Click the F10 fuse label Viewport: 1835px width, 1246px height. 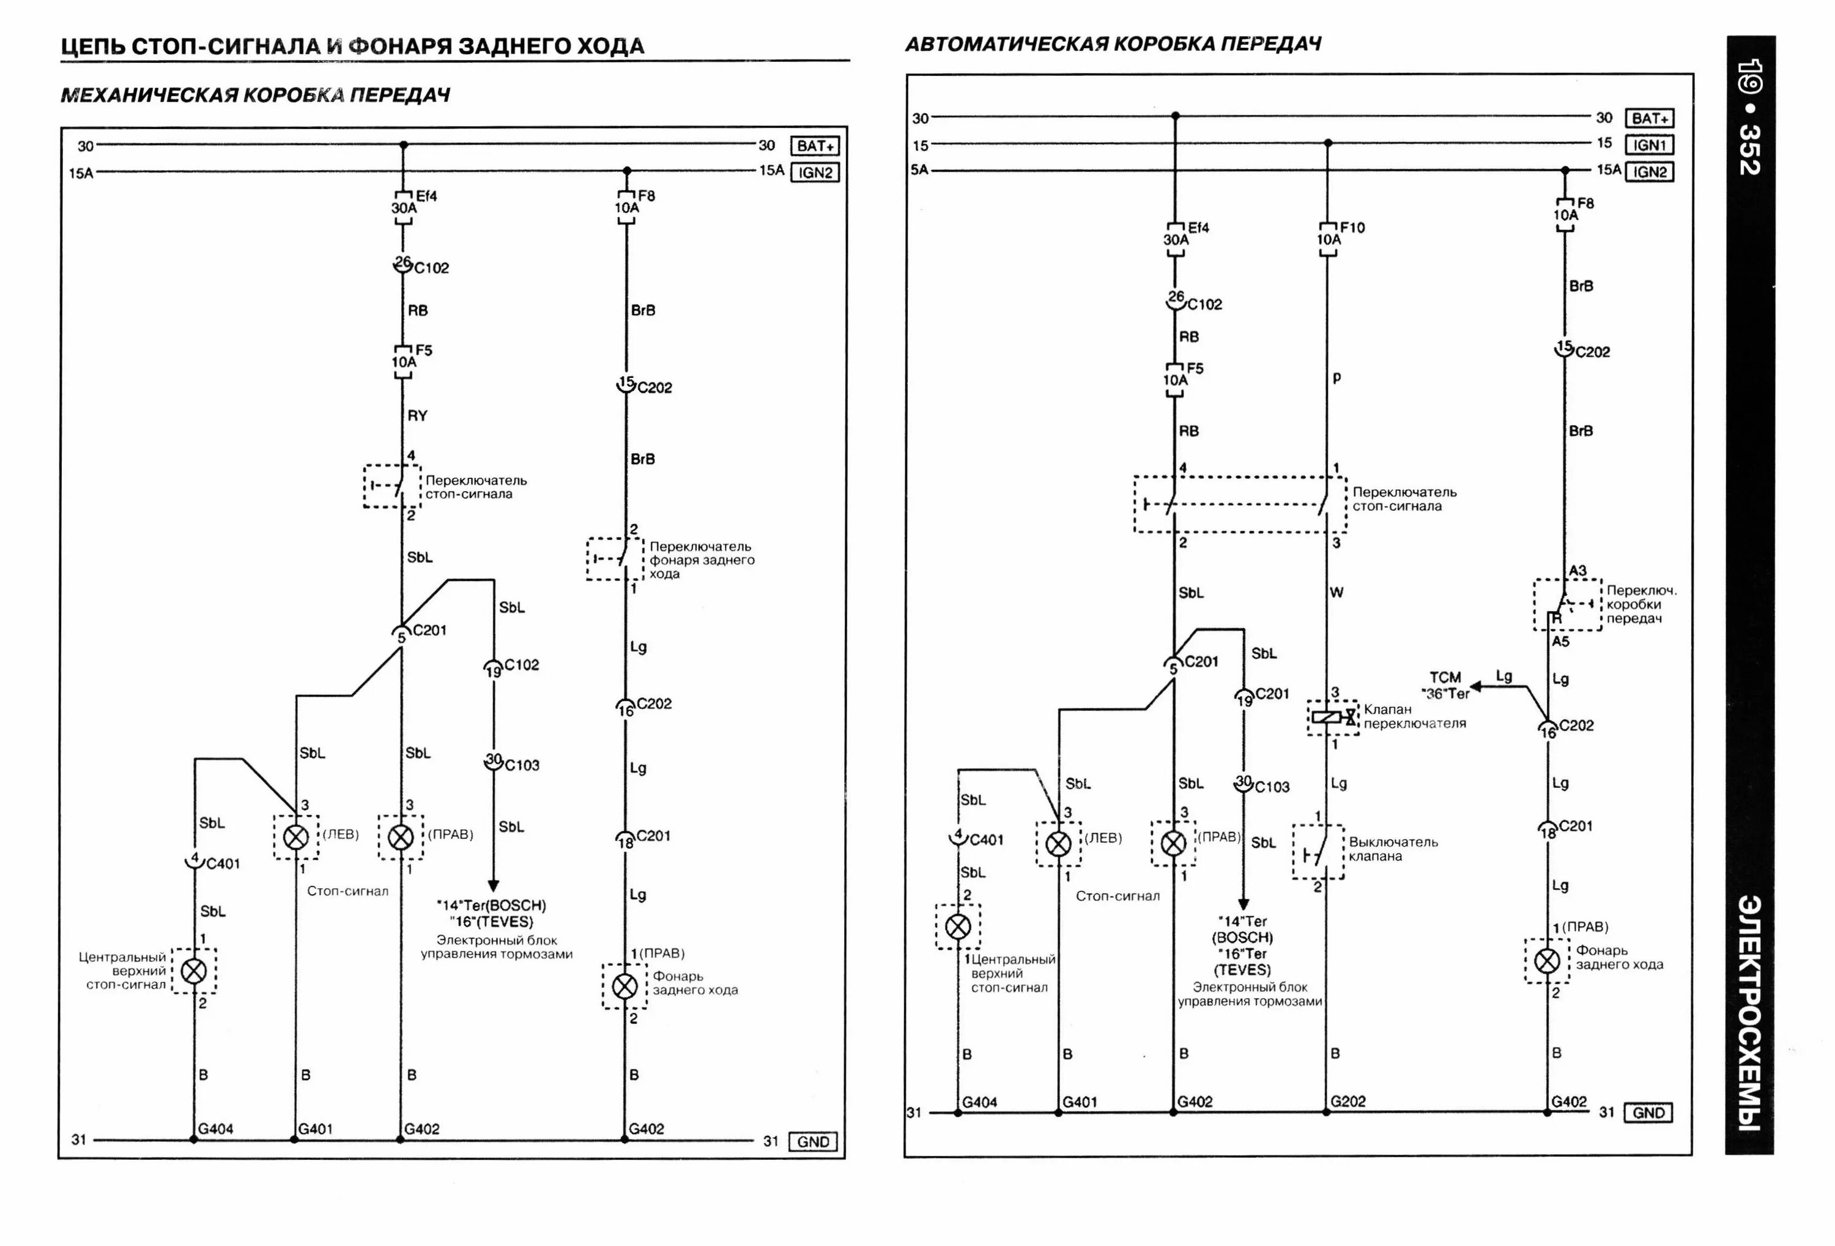pos(1352,228)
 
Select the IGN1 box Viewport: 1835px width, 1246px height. pos(1648,146)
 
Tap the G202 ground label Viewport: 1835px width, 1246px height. pos(1348,1100)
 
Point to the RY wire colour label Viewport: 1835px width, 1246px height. pos(417,415)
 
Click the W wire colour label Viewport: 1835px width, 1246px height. pos(1336,592)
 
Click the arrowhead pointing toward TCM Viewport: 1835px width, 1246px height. pos(1475,686)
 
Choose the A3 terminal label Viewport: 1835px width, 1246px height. pos(1577,570)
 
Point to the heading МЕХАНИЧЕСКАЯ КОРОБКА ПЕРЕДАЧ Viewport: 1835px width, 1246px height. pos(255,95)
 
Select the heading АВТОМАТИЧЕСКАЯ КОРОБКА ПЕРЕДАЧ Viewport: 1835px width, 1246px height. pos(1113,44)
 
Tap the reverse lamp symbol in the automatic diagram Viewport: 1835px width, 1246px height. pos(1547,961)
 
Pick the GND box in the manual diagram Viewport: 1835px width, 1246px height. pos(812,1142)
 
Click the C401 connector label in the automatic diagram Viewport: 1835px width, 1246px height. pos(986,840)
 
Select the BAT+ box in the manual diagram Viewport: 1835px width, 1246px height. pos(815,146)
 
